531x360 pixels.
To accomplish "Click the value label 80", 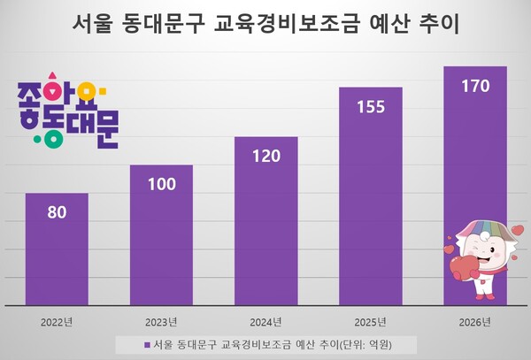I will point(57,213).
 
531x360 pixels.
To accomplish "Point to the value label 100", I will point(161,185).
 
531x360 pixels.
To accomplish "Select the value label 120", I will point(265,157).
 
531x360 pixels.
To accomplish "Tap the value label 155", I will point(370,107).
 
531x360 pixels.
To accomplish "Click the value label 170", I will point(474,87).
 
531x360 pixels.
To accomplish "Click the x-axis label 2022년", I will point(57,320).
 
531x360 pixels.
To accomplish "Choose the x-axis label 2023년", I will point(161,320).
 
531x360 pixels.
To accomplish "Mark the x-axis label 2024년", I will point(265,320).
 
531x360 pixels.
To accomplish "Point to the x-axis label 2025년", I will point(370,320).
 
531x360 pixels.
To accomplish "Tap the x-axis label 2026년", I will point(474,320).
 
